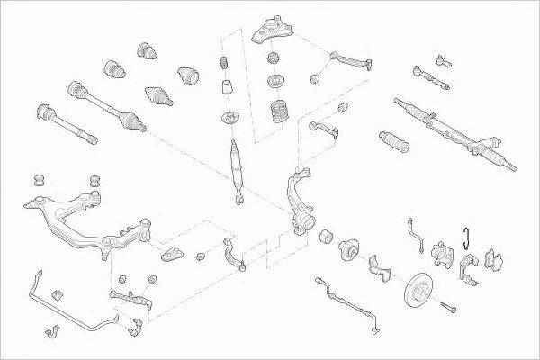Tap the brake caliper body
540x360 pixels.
[x=444, y=256]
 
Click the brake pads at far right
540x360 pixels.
[x=494, y=258]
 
